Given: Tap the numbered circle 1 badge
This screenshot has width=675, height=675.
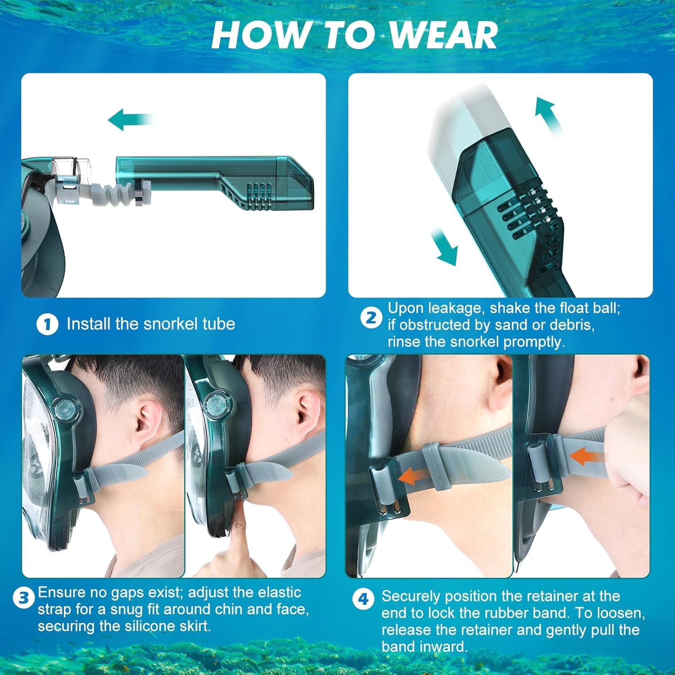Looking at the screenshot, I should pos(47,324).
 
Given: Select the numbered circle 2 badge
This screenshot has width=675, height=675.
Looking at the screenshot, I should pos(371,318).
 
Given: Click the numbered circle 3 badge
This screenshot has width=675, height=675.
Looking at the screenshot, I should pos(23,598).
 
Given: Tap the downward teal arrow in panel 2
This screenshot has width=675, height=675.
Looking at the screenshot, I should pos(445,247).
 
